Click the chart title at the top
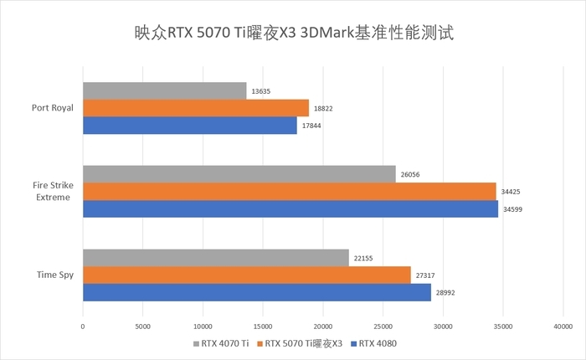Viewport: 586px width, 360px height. [293, 33]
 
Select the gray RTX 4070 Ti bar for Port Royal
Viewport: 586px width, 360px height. [165, 90]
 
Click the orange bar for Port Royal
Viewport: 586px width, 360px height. [196, 108]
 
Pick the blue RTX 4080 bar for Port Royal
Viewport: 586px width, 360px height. [190, 126]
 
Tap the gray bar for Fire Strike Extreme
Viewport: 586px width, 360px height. [239, 173]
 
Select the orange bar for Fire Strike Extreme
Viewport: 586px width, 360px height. [290, 191]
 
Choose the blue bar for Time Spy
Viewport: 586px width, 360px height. [257, 292]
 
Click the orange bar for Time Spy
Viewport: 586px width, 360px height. [247, 275]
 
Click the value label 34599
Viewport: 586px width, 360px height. [512, 209]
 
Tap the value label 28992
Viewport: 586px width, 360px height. [445, 293]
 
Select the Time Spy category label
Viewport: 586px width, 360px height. [56, 274]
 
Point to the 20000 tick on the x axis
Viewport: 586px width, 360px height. [322, 326]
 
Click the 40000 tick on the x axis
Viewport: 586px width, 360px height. [563, 326]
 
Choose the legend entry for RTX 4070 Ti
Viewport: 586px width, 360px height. [222, 343]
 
